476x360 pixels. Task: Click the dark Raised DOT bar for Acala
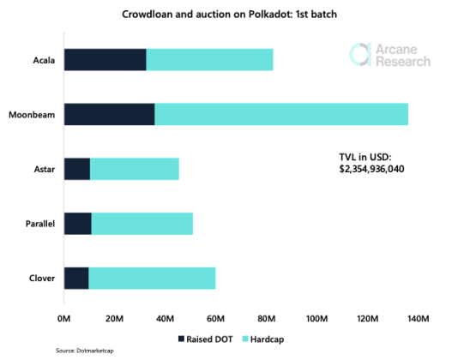click(x=105, y=60)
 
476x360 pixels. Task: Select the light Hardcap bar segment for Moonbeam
click(x=281, y=114)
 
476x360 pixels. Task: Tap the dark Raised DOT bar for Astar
click(x=76, y=169)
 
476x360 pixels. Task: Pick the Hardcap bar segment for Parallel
click(x=142, y=223)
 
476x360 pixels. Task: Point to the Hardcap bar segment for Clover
click(x=152, y=278)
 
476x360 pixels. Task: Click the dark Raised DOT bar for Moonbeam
click(x=109, y=114)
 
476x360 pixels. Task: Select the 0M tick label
click(x=63, y=319)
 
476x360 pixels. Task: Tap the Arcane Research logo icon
click(x=360, y=54)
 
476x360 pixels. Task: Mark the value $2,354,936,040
click(x=372, y=169)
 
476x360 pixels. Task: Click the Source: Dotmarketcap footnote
click(x=81, y=352)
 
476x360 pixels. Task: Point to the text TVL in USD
click(x=365, y=157)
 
